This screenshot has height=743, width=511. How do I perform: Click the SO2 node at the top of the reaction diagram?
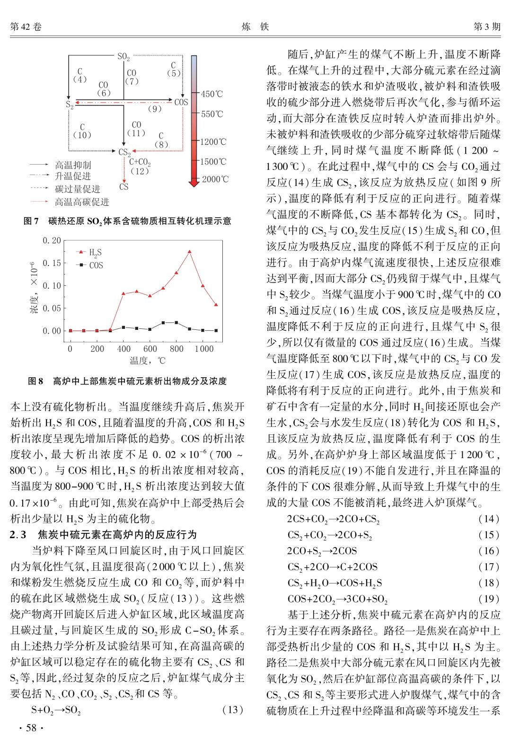123,57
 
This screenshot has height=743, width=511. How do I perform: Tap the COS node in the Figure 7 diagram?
181,102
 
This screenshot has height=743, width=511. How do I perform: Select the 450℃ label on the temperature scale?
211,94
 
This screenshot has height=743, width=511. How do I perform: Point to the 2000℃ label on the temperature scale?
214,179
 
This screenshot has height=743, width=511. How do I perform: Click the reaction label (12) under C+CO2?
139,171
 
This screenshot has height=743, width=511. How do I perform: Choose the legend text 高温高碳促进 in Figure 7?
81,202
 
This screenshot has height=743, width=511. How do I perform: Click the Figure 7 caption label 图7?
31,221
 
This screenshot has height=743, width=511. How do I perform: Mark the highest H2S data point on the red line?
189,252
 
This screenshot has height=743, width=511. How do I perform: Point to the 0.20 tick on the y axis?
52,240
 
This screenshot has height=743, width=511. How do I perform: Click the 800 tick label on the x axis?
176,349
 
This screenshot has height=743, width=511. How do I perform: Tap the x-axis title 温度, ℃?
148,361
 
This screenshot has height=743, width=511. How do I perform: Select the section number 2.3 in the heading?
18,534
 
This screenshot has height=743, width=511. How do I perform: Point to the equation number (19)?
489,599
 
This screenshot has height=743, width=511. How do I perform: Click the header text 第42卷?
26,27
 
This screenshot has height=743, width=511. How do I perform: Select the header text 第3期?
487,27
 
